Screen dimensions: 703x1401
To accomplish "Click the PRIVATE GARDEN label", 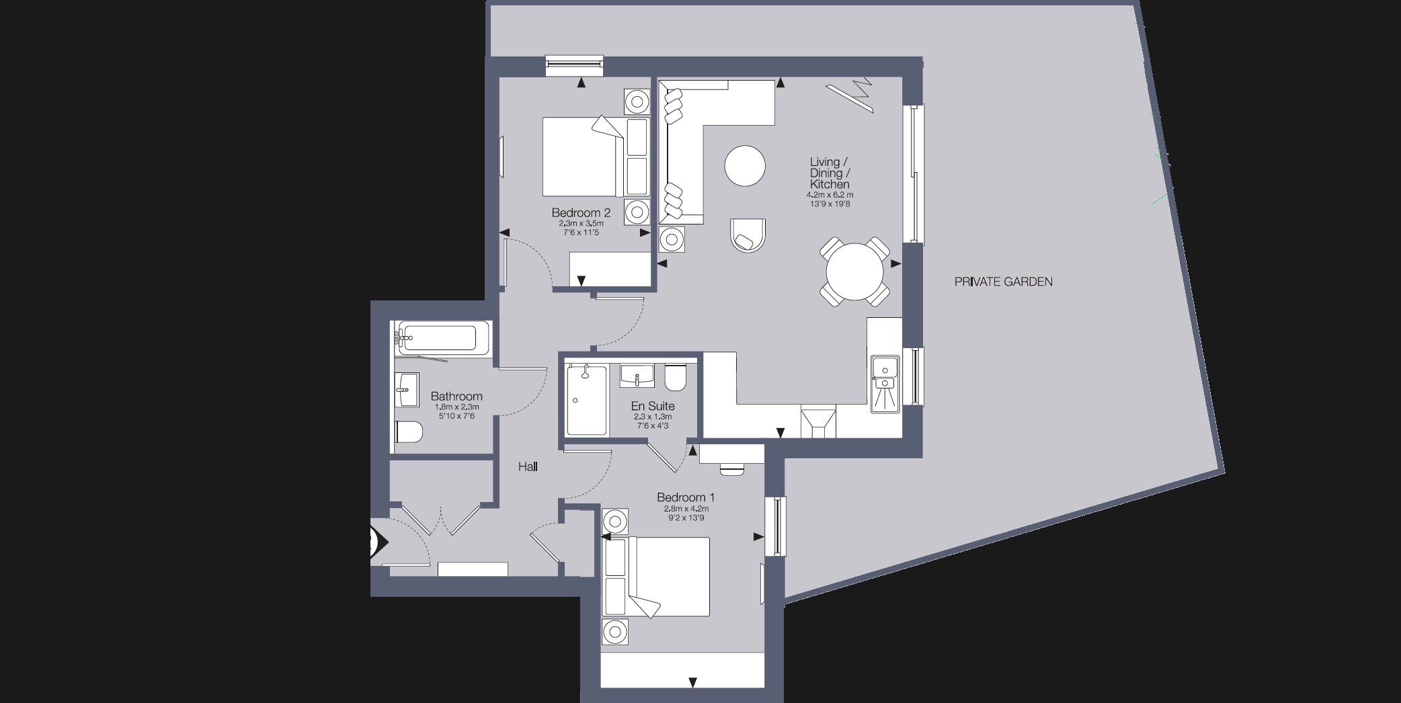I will (1003, 282).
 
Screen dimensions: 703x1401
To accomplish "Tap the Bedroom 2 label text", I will (581, 213).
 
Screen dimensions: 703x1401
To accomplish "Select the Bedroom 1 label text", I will (685, 497).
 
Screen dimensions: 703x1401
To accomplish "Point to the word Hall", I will (528, 466).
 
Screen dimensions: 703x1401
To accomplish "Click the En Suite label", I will (652, 406).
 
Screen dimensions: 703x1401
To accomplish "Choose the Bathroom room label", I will (456, 397).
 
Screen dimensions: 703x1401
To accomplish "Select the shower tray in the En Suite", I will (586, 401).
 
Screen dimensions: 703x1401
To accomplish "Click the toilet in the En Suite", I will (675, 378).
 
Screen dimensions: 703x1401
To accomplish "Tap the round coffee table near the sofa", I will (745, 166).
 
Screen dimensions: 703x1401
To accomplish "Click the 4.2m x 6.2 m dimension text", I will (830, 195).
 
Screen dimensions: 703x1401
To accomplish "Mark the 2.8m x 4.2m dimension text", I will (686, 509).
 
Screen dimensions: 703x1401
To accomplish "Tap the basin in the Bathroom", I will (405, 389).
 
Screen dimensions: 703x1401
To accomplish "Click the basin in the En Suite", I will (636, 375).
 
